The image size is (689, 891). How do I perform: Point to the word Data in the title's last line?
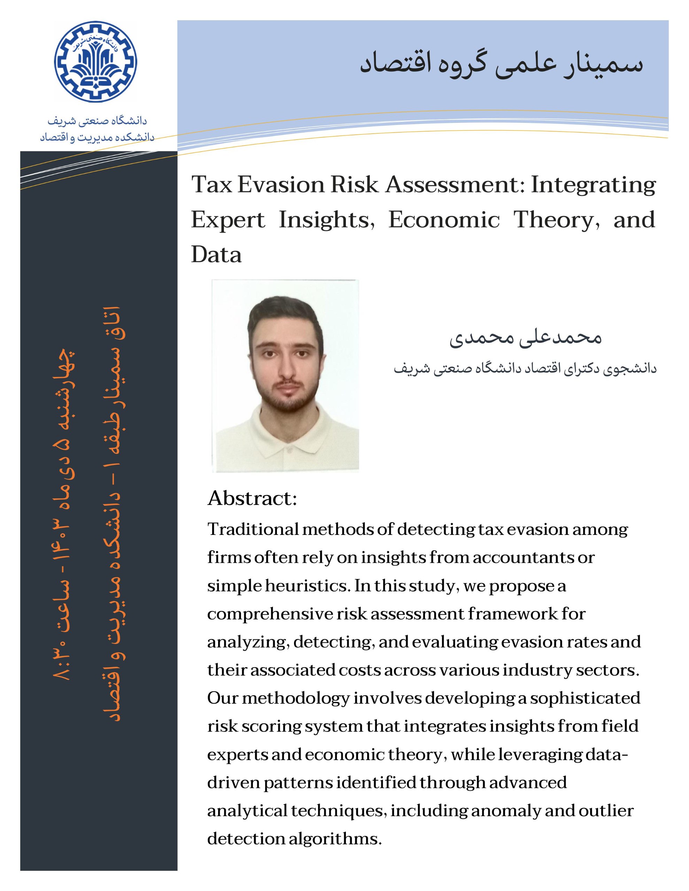[216, 255]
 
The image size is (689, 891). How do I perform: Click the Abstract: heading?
[252, 498]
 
